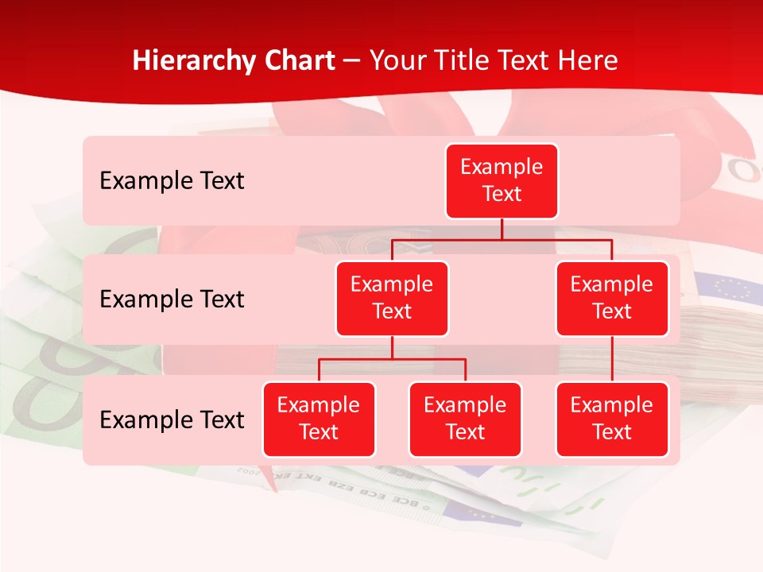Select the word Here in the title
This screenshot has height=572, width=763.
586,60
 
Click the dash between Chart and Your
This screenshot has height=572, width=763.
352,61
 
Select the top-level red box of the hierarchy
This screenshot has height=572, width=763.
502,181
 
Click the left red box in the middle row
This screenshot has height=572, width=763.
392,299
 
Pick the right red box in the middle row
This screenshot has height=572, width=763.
612,299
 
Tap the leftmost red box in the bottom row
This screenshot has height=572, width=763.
319,419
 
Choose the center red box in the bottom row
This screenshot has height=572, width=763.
465,419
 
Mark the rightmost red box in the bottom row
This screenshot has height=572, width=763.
612,419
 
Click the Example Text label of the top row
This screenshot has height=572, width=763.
172,181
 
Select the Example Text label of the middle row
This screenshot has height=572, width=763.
172,300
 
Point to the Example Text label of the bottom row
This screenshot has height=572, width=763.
172,420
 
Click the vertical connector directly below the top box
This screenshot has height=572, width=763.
502,229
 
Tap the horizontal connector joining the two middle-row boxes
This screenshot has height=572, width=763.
502,239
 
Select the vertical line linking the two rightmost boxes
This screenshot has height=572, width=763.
612,359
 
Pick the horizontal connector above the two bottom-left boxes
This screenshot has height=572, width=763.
392,360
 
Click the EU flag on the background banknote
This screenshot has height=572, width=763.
727,286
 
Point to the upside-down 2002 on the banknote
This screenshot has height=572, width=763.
251,472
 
